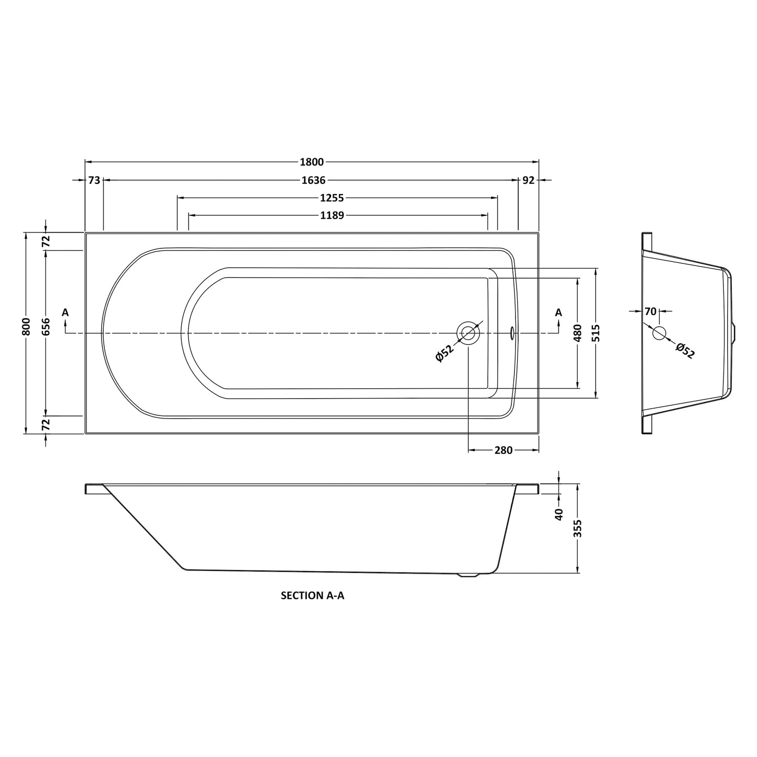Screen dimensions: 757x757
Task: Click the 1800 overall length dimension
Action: click(312, 162)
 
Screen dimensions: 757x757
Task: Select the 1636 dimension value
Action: click(314, 180)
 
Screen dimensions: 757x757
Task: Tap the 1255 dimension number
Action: click(332, 198)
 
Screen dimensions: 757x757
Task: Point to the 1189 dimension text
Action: click(332, 215)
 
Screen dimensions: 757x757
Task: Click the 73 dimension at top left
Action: click(94, 180)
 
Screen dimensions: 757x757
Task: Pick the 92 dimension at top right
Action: click(529, 180)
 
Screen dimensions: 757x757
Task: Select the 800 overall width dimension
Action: click(27, 327)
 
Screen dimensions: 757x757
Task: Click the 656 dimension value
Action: click(46, 327)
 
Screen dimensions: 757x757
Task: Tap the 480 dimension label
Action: click(578, 333)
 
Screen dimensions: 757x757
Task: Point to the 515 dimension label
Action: click(597, 333)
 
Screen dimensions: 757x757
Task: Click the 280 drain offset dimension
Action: click(503, 451)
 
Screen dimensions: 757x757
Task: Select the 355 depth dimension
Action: click(578, 531)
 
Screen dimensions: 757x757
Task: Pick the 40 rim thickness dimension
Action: click(559, 514)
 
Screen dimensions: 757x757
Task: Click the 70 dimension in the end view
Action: click(650, 311)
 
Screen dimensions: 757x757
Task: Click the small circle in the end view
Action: click(659, 333)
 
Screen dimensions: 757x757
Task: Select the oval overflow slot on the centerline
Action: click(512, 332)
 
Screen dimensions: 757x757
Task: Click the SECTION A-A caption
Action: click(313, 596)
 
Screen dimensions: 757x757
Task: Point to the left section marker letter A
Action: click(65, 313)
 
